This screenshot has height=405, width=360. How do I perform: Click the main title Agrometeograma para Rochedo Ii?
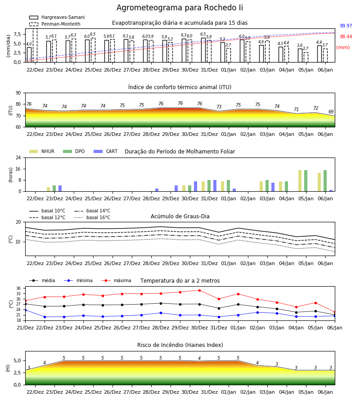pyautogui.click(x=180, y=8)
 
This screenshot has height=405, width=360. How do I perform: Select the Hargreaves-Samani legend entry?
pyautogui.click(x=57, y=17)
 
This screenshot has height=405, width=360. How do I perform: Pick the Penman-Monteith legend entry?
pyautogui.click(x=55, y=24)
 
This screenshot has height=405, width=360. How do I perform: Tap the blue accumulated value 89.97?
pyautogui.click(x=346, y=26)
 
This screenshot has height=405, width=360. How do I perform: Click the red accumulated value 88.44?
pyautogui.click(x=346, y=37)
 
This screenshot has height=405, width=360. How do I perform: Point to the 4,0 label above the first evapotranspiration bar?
pyautogui.click(x=29, y=44)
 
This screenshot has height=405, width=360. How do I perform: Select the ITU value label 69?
pyautogui.click(x=331, y=112)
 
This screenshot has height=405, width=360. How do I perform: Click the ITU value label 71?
pyautogui.click(x=296, y=109)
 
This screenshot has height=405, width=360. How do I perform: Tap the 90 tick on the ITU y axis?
pyautogui.click(x=18, y=93)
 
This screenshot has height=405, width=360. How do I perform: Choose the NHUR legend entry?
pyautogui.click(x=42, y=151)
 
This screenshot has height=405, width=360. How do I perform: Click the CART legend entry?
pyautogui.click(x=106, y=151)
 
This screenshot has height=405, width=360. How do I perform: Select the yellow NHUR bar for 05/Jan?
pyautogui.click(x=300, y=181)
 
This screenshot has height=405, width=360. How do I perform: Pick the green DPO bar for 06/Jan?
pyautogui.click(x=325, y=181)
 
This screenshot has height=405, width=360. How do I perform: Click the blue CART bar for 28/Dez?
pyautogui.click(x=157, y=190)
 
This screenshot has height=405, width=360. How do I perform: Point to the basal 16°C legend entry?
pyautogui.click(x=92, y=217)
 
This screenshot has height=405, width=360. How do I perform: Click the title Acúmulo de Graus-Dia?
pyautogui.click(x=180, y=216)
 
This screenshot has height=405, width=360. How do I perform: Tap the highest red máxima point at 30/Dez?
pyautogui.click(x=199, y=290)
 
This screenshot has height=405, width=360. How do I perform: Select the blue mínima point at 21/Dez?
pyautogui.click(x=25, y=310)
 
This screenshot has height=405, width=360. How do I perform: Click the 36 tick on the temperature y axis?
pyautogui.click(x=18, y=288)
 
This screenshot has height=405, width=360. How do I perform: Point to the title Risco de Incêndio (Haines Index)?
pyautogui.click(x=180, y=345)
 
